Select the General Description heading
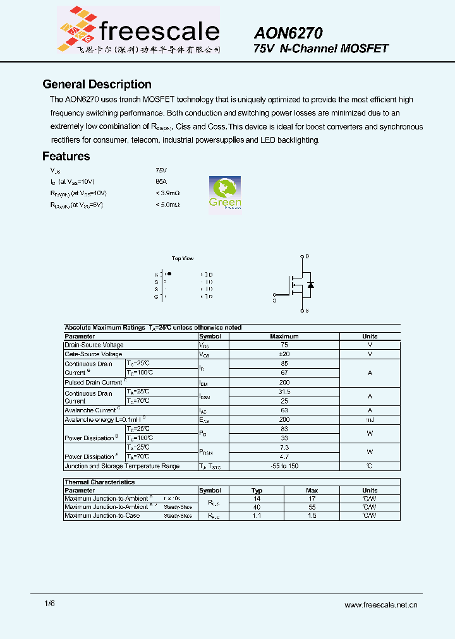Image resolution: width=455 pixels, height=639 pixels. point(97,85)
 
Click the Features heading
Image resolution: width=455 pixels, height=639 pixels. point(66,157)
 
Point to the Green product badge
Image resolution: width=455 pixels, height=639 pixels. point(225,193)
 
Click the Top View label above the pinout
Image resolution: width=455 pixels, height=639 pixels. point(183,258)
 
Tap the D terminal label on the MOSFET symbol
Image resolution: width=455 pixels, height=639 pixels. point(307,256)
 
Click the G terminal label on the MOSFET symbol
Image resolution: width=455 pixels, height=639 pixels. point(274,301)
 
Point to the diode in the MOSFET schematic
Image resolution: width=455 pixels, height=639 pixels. point(310,285)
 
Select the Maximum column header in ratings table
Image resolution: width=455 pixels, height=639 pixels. point(284,337)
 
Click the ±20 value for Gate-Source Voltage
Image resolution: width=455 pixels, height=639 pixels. point(284,354)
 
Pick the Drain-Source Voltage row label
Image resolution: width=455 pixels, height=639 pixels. point(94,345)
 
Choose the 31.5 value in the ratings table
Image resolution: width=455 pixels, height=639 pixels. point(284,392)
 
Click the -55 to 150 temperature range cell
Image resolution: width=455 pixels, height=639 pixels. point(284,466)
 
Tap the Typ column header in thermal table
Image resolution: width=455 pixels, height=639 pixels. point(257,491)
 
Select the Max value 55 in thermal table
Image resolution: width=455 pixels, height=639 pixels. point(312,507)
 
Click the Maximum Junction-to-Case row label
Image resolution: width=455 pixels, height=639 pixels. point(102,516)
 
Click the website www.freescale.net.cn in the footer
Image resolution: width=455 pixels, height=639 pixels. point(380,604)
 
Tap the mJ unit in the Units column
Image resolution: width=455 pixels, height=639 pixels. point(370,420)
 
